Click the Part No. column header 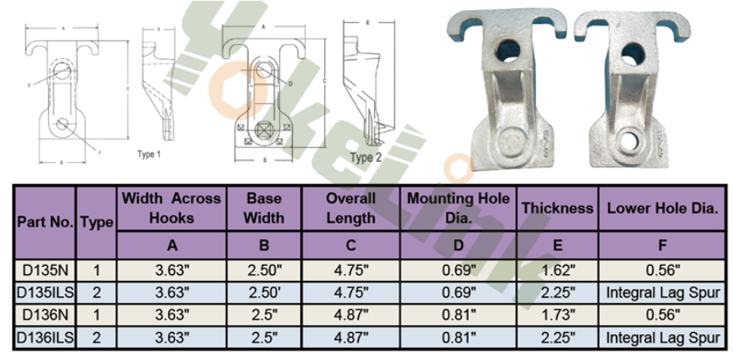click(45, 222)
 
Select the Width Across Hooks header click(172, 208)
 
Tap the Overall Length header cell click(351, 208)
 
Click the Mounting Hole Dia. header click(458, 208)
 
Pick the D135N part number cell click(45, 269)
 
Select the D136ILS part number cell click(45, 336)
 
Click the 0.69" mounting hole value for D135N click(458, 269)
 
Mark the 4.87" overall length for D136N click(351, 314)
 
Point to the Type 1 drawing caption click(149, 153)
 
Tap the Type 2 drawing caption click(366, 157)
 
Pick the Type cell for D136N click(97, 314)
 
